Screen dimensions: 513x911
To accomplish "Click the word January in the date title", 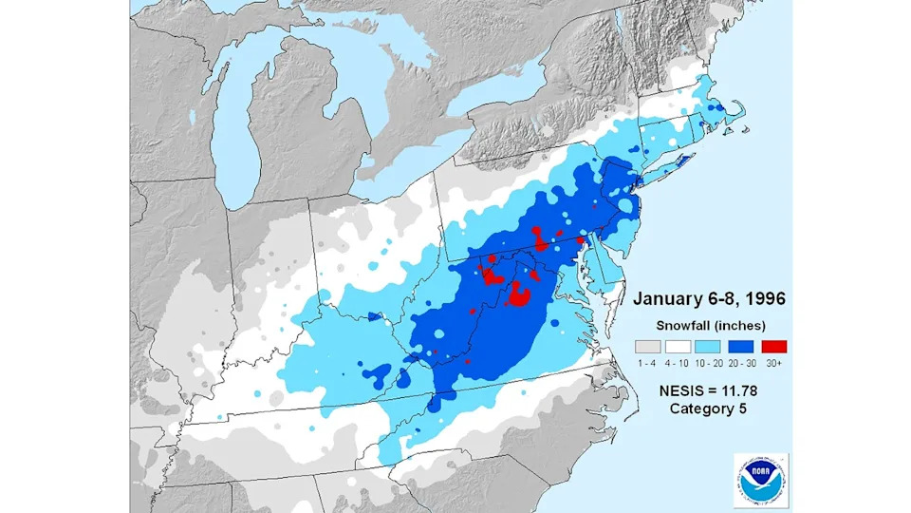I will tap(666, 299).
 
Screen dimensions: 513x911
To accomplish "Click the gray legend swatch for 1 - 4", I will tap(646, 346).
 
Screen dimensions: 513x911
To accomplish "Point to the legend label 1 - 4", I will tap(646, 363).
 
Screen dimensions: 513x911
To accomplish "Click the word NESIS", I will tap(682, 389).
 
